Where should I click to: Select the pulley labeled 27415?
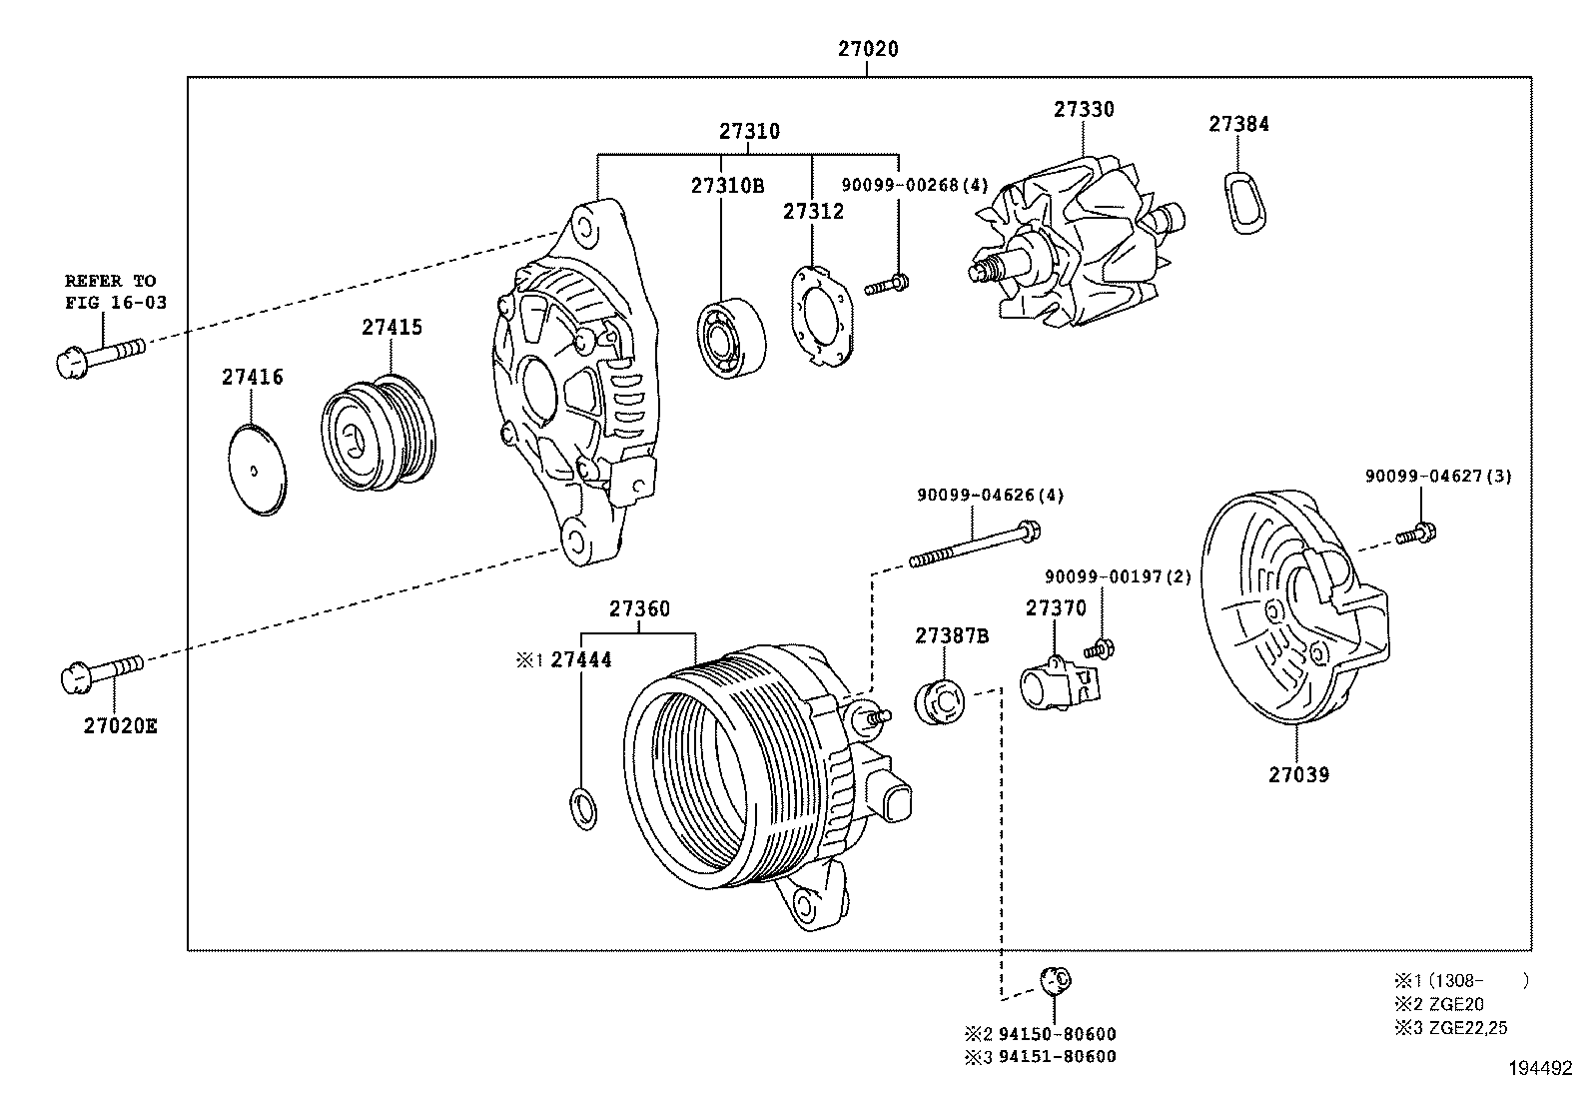coord(379,433)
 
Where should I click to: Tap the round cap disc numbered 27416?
coord(255,469)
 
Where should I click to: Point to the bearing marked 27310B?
coord(730,337)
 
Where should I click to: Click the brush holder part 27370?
coord(1057,684)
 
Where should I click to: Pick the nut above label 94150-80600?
coord(1055,981)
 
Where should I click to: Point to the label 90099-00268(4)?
coord(914,185)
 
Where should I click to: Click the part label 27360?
coord(639,608)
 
